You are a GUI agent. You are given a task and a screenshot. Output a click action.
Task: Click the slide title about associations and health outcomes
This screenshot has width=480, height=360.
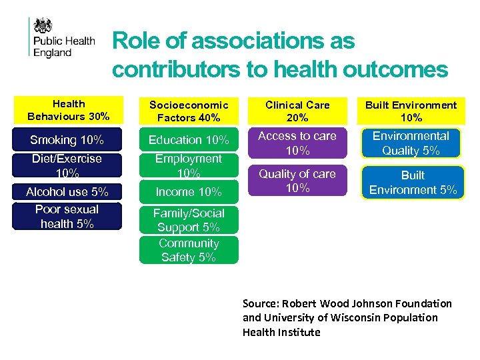[280, 55]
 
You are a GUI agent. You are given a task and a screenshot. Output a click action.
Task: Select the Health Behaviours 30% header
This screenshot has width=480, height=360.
[69, 110]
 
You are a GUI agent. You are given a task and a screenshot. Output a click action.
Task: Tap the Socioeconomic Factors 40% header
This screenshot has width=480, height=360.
[189, 111]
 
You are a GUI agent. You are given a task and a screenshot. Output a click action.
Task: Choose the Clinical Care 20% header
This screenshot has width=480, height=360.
[297, 111]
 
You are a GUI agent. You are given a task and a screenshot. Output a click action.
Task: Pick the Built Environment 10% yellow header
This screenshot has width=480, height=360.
[411, 111]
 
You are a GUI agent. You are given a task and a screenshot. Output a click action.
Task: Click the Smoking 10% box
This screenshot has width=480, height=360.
[67, 140]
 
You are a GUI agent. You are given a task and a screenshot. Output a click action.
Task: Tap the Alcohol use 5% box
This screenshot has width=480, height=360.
[67, 192]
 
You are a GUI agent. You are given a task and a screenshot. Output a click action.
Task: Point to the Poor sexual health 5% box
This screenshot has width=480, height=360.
[67, 217]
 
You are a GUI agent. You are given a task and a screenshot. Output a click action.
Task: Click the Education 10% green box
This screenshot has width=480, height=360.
[189, 140]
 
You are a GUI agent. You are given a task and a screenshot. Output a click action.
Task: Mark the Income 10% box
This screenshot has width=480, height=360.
[189, 192]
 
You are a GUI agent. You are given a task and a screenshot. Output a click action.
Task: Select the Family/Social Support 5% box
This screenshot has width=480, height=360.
[189, 220]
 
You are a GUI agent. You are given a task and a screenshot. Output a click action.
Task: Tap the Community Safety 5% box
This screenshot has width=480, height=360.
[189, 250]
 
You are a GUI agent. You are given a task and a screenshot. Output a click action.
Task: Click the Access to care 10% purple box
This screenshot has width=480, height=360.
[297, 143]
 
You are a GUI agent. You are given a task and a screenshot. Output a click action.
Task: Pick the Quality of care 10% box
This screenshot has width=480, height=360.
[297, 181]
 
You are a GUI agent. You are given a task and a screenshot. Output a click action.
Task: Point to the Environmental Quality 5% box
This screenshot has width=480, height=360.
[411, 143]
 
